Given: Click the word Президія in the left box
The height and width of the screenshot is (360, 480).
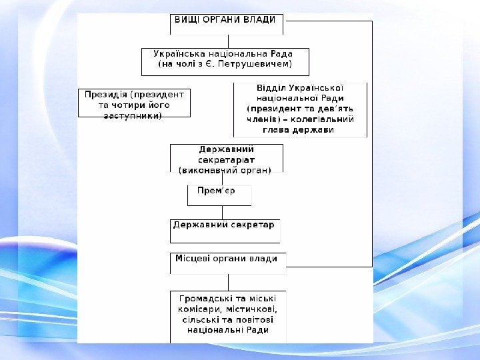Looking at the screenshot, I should [105, 95].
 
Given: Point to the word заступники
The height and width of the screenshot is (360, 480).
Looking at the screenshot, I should [133, 115].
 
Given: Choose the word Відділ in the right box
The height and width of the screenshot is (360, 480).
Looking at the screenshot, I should [273, 88].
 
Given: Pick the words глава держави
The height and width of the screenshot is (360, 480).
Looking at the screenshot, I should [299, 130].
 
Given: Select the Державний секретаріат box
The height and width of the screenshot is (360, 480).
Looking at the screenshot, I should [226, 159].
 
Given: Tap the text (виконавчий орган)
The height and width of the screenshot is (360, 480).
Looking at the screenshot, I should [226, 170].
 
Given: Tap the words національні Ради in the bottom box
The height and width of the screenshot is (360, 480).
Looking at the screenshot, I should [228, 329].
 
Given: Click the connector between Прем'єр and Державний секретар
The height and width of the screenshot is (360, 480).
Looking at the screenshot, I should [222, 213].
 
